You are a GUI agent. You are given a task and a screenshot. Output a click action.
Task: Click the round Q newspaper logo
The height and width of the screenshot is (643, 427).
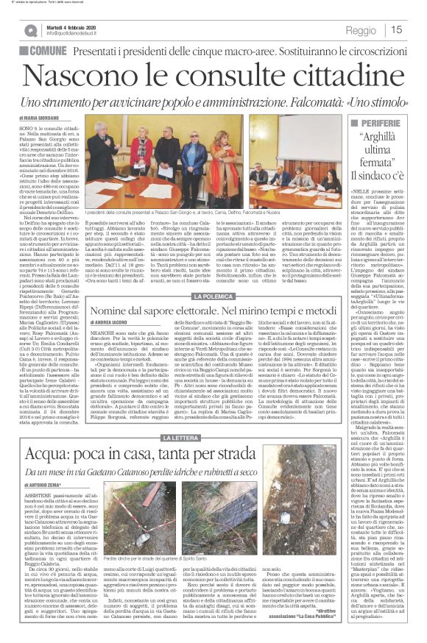pyautogui.click(x=29, y=30)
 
